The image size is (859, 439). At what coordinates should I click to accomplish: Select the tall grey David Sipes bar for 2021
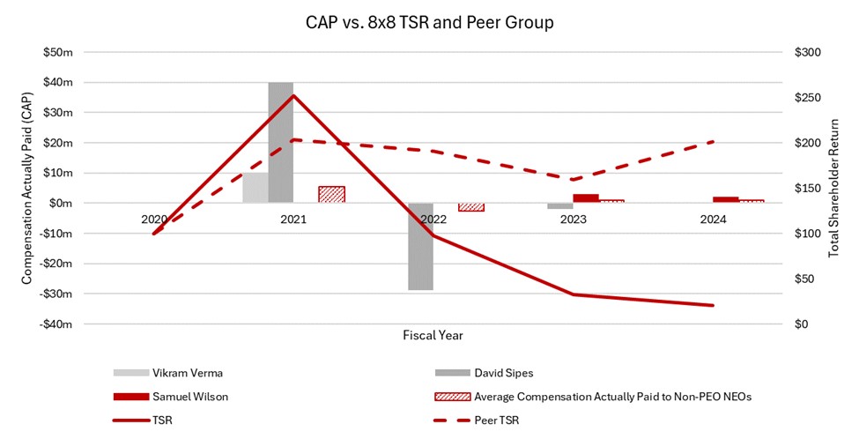point(281,141)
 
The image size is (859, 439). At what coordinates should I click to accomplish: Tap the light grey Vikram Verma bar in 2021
point(255,188)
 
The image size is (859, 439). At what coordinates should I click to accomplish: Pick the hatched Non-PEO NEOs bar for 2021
point(331,194)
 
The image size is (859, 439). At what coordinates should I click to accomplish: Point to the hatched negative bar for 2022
point(470,207)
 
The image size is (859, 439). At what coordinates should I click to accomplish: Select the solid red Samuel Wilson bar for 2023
point(586,198)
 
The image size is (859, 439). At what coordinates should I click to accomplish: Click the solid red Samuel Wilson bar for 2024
point(725,200)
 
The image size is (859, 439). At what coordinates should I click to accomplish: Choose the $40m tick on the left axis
point(59,83)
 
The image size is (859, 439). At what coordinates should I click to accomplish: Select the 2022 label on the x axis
point(433,219)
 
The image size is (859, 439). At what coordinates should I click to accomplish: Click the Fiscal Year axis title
point(433,335)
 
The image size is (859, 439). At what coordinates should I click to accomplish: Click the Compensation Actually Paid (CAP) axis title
point(27,189)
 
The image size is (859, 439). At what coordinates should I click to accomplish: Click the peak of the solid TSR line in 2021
point(293,95)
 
